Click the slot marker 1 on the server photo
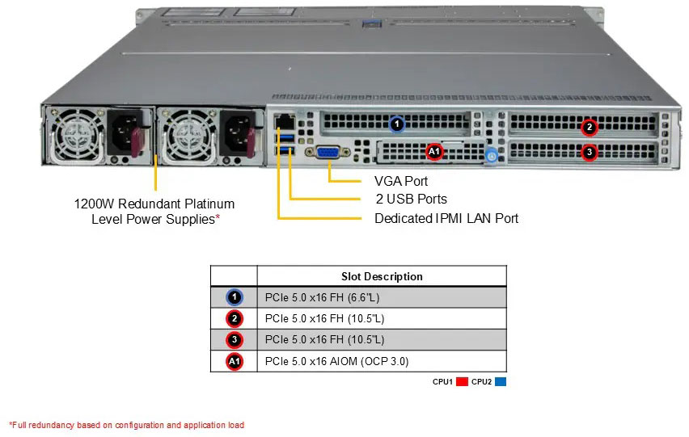(396, 124)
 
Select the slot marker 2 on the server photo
(590, 127)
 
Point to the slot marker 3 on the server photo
(590, 151)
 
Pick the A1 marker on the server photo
(433, 151)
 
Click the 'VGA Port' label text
(401, 181)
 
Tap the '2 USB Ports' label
(411, 199)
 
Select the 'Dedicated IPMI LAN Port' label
(446, 218)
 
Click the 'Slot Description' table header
(382, 276)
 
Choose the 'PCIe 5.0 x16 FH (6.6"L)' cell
(324, 297)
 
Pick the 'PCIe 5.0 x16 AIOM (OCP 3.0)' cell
(342, 360)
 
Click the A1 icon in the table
(234, 361)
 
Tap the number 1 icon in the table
(234, 297)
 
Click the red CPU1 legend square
(463, 382)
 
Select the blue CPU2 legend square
(500, 382)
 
